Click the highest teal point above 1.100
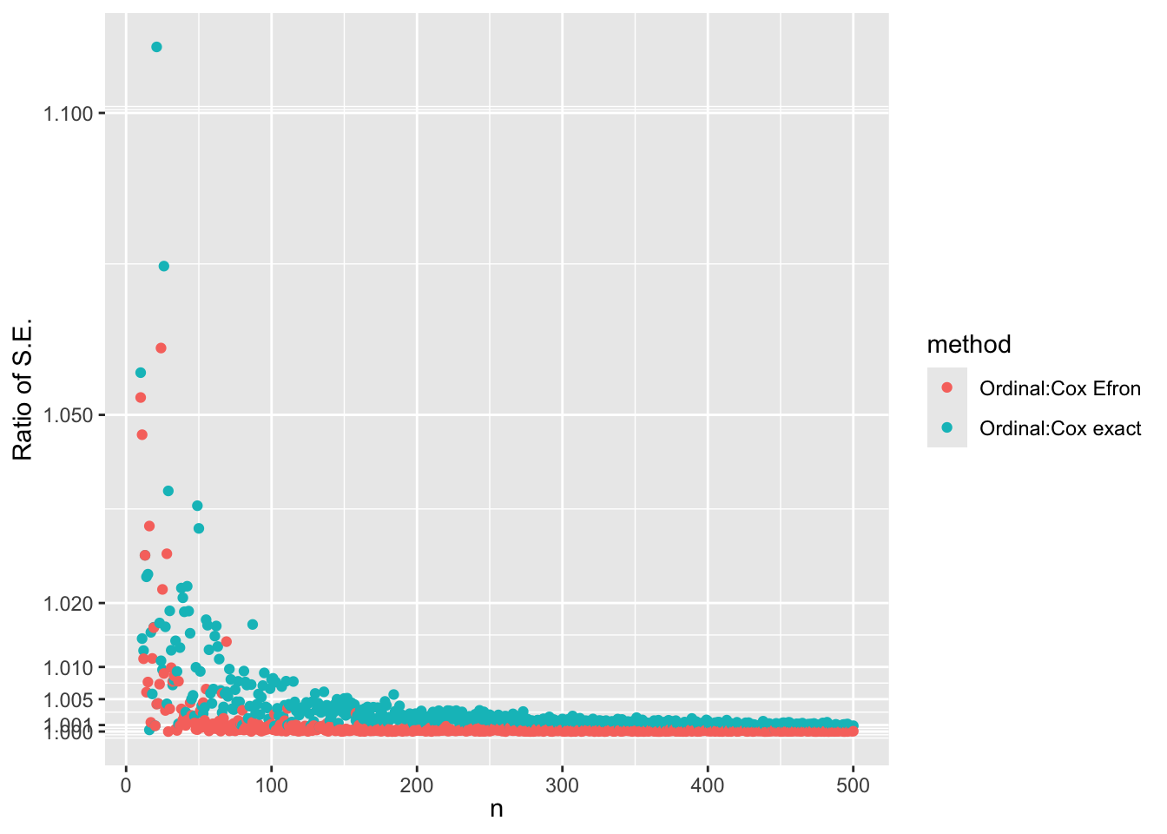click(156, 47)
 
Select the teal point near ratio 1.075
click(163, 266)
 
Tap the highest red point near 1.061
click(161, 348)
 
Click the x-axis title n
click(497, 810)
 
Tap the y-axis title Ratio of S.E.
click(23, 389)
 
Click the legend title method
click(969, 345)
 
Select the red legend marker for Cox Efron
click(947, 387)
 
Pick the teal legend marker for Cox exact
click(947, 427)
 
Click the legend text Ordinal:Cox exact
click(1060, 428)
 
